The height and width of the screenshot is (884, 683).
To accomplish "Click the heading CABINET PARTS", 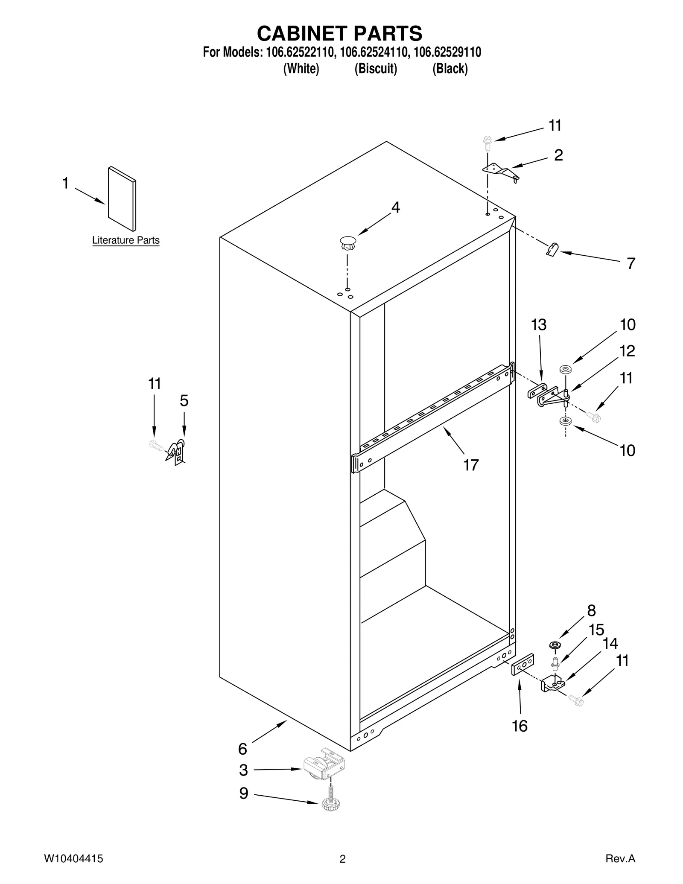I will [340, 33].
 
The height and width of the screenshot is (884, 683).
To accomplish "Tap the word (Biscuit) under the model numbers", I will [376, 69].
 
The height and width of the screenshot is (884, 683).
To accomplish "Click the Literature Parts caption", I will [126, 240].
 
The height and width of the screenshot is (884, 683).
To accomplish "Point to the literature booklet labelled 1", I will [122, 198].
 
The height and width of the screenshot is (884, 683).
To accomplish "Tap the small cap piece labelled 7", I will [552, 249].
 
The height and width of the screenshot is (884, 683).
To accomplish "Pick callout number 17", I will [471, 465].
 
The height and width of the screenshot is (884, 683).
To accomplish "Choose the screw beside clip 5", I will [155, 446].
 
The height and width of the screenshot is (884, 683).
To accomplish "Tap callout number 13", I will [538, 325].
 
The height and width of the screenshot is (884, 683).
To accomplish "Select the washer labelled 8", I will [555, 645].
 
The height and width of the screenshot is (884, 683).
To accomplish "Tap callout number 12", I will [627, 351].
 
